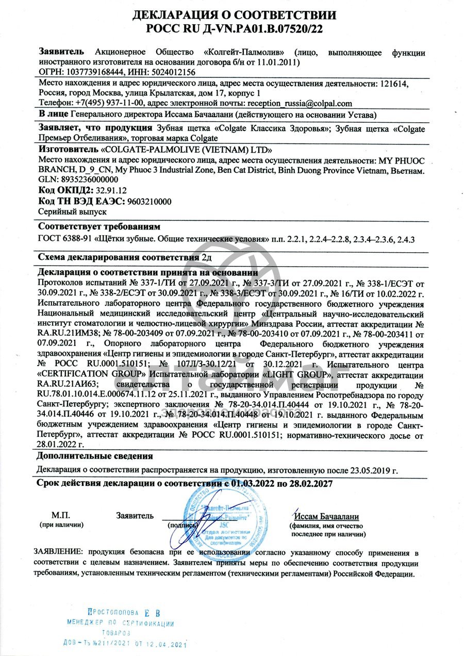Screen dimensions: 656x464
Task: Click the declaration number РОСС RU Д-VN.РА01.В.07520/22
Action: (x=235, y=28)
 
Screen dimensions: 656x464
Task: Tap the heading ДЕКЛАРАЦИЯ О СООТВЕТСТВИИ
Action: (x=235, y=15)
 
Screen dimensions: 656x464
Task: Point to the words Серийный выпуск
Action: (x=73, y=211)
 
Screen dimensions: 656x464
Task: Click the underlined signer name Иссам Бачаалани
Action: (x=326, y=516)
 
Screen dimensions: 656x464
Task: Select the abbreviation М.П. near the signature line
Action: (x=60, y=515)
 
